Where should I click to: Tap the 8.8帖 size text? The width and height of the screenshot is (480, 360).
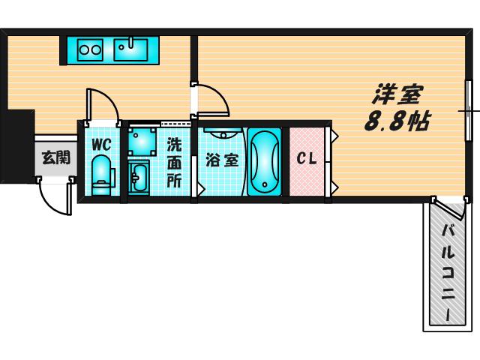tap(397, 121)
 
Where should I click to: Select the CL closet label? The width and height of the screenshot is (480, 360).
tap(307, 158)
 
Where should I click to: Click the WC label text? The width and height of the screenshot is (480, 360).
tap(101, 145)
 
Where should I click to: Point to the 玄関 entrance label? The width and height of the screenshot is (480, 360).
tap(56, 157)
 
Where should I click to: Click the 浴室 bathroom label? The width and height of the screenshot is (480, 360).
tap(222, 160)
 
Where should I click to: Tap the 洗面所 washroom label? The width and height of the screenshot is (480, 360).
tap(174, 163)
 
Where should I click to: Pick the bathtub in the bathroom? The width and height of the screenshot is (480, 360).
tap(264, 161)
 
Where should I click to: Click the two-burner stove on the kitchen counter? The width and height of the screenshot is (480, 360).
tap(90, 49)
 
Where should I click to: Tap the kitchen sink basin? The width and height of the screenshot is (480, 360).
tap(130, 49)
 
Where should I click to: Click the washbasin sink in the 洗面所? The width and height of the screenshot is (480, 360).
tap(139, 178)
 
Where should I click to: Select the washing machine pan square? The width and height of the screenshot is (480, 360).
tap(142, 142)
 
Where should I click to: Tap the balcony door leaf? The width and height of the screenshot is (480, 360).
tap(449, 209)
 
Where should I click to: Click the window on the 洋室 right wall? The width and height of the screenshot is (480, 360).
tap(468, 110)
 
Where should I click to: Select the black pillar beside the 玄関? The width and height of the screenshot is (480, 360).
tap(17, 146)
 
